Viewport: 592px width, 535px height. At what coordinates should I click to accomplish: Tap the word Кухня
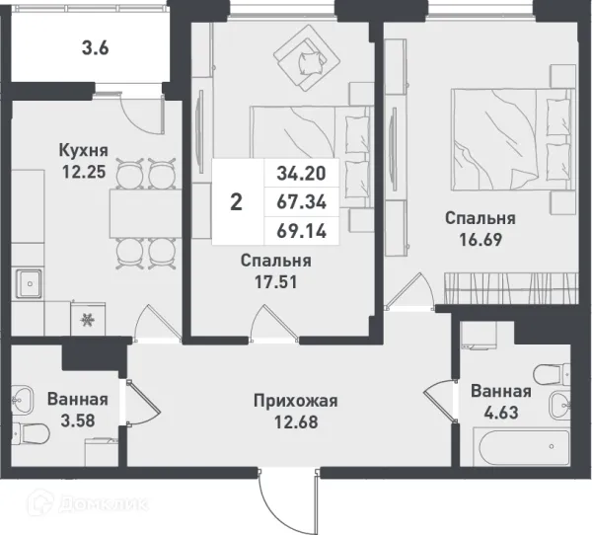(x=83, y=150)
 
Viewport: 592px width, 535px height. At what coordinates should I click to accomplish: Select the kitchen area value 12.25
(x=82, y=171)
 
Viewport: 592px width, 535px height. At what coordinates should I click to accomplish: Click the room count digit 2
(x=236, y=203)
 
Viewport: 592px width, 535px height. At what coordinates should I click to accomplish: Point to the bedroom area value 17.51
(x=276, y=282)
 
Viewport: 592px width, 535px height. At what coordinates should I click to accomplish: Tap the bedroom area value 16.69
(x=480, y=239)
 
